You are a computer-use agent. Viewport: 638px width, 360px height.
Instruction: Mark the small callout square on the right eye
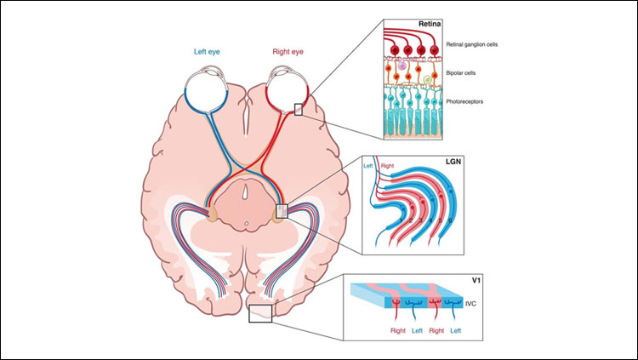click(299, 108)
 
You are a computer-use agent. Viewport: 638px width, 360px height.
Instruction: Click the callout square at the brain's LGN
click(282, 211)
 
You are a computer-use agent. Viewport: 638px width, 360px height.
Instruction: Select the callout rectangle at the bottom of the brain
click(259, 313)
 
